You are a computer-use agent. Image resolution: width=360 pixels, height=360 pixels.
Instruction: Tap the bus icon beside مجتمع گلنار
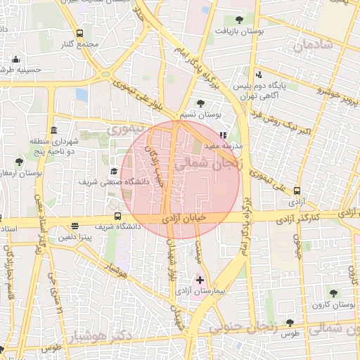point(79,33)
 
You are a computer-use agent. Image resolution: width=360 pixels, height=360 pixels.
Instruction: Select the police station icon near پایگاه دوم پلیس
point(259,75)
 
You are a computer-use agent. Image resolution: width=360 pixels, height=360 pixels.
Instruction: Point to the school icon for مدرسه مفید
point(224,135)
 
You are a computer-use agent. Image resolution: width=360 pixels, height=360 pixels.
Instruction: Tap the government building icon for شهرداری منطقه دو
point(54,131)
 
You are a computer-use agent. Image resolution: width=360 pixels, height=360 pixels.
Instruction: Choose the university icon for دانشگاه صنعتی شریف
point(113,171)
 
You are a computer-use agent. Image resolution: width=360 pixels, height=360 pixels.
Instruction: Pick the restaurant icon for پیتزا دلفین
point(75,226)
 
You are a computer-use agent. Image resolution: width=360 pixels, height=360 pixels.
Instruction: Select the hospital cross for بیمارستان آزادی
point(200,280)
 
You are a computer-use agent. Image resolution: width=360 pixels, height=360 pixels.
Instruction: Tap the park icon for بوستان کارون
point(333,293)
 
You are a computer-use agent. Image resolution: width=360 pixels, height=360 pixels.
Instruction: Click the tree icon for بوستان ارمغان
point(19,162)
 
